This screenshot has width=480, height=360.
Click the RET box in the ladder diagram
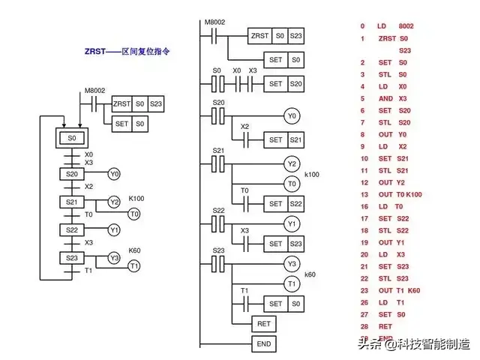(262, 324)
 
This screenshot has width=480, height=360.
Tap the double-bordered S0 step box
(72, 138)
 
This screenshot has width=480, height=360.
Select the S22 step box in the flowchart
(72, 229)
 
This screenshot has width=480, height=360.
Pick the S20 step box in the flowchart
(72, 174)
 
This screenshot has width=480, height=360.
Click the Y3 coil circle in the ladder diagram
(291, 263)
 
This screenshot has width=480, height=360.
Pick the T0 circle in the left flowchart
(134, 214)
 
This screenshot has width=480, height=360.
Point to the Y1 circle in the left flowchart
(114, 229)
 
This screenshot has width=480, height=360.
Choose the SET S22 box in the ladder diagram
(275, 203)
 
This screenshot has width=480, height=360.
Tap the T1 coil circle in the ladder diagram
(291, 283)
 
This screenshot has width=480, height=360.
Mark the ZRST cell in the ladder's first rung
(260, 35)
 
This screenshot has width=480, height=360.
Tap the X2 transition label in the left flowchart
(88, 187)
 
